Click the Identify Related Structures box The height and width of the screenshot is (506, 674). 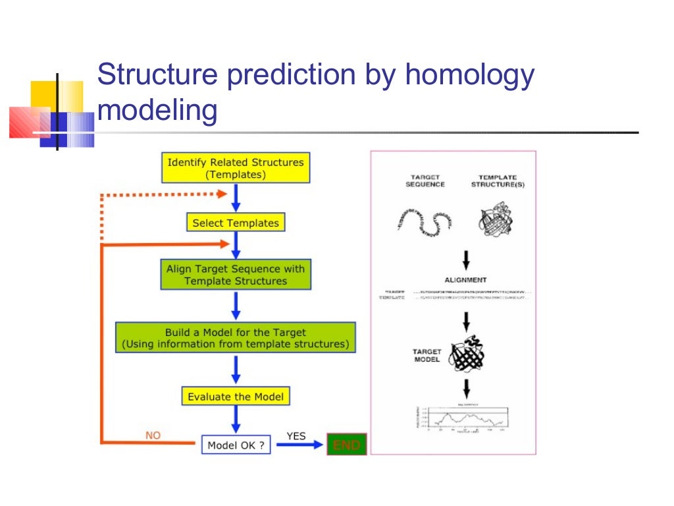(x=236, y=168)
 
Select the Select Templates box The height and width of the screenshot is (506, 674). (x=236, y=223)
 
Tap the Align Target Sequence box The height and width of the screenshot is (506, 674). (x=236, y=275)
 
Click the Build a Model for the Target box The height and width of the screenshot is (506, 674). (x=236, y=338)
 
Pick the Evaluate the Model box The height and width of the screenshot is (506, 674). (x=236, y=397)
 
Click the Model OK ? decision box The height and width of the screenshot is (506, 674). (x=236, y=445)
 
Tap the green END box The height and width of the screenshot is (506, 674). (x=346, y=445)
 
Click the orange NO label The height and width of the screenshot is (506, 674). (x=152, y=436)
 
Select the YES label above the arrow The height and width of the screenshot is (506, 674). (x=296, y=436)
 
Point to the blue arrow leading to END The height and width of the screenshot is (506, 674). (x=299, y=445)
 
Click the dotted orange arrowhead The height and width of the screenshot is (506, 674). (x=221, y=194)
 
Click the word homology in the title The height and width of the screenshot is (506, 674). (x=469, y=76)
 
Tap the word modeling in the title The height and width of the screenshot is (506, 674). (x=157, y=109)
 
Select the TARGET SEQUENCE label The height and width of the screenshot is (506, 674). (x=425, y=181)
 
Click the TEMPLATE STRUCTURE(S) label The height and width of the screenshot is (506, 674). (x=498, y=181)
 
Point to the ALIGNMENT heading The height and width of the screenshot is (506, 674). (x=465, y=280)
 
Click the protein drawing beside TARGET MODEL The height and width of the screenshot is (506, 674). (x=466, y=356)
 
